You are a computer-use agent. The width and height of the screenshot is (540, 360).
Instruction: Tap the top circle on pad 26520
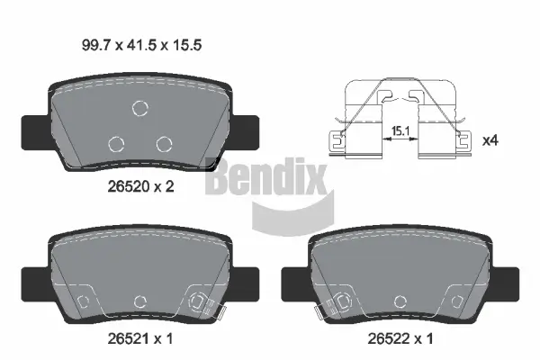tap(140, 109)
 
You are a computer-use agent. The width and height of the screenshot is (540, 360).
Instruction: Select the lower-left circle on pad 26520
tap(116, 142)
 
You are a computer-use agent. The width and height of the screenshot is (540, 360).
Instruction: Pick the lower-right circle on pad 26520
tap(163, 142)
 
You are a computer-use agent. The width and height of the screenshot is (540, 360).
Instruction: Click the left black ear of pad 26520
tap(33, 129)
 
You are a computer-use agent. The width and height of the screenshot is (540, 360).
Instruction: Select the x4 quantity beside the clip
tap(491, 140)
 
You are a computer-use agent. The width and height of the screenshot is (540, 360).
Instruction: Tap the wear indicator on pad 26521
tap(202, 304)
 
